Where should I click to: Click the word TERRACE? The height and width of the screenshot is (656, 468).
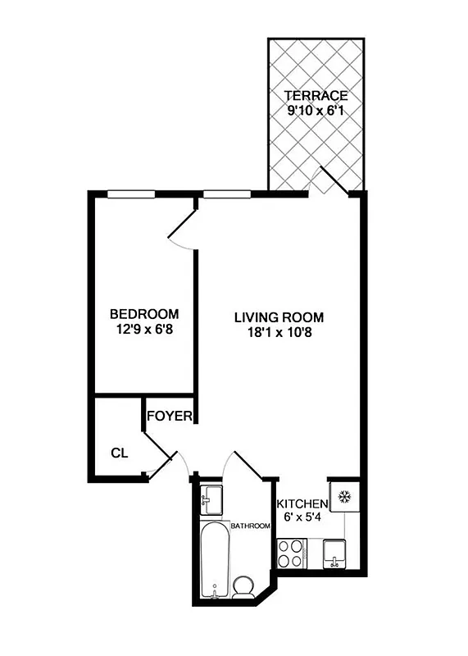click(x=316, y=96)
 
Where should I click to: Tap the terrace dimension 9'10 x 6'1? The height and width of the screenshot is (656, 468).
click(x=316, y=111)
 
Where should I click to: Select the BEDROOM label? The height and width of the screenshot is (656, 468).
click(x=144, y=314)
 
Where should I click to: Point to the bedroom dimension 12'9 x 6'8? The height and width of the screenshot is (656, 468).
click(x=144, y=330)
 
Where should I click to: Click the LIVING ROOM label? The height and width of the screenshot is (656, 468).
click(x=279, y=317)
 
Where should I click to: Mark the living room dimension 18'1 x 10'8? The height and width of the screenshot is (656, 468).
click(x=279, y=333)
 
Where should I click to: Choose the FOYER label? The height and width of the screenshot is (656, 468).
click(x=170, y=417)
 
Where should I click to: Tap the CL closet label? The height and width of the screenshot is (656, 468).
click(x=119, y=452)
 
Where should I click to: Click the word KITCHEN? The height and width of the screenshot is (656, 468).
click(x=302, y=503)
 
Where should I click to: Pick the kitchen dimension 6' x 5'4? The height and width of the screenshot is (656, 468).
click(x=302, y=517)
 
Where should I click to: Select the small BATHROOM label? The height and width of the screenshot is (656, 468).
click(x=250, y=526)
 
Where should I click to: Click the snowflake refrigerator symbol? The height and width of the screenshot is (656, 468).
click(x=343, y=496)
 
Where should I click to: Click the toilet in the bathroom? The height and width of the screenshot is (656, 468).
click(x=243, y=586)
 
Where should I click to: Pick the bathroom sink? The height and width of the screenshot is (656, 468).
click(x=212, y=497)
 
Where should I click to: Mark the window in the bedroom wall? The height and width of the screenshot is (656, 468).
click(x=131, y=194)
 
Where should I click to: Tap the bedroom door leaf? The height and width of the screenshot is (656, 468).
click(x=182, y=225)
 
